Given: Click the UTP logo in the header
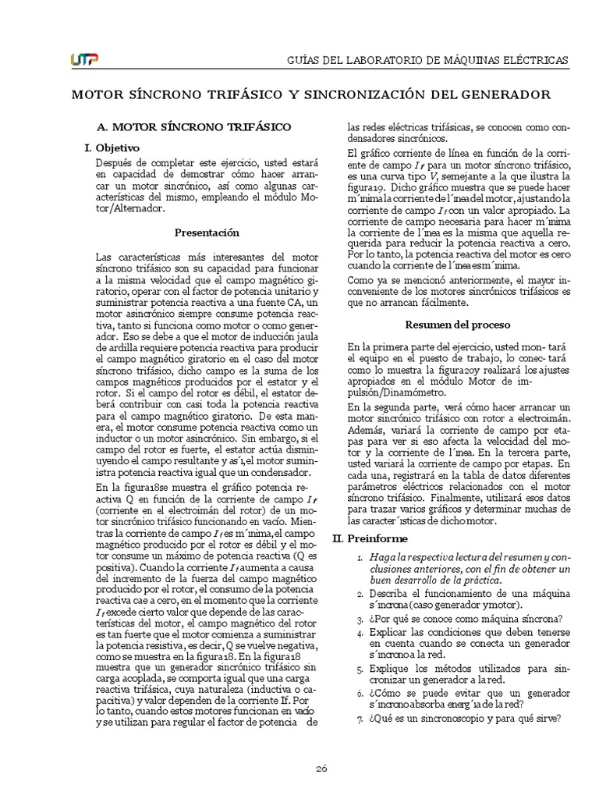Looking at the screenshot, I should point(84,59).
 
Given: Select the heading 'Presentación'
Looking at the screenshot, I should point(207,233).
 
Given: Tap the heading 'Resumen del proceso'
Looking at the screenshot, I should point(458,324).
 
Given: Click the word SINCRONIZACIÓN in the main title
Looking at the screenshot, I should point(366,94).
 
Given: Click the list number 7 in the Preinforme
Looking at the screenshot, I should point(359,719).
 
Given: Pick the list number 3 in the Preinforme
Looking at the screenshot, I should point(359,620).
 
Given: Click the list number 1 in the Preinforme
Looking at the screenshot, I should point(359,559).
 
